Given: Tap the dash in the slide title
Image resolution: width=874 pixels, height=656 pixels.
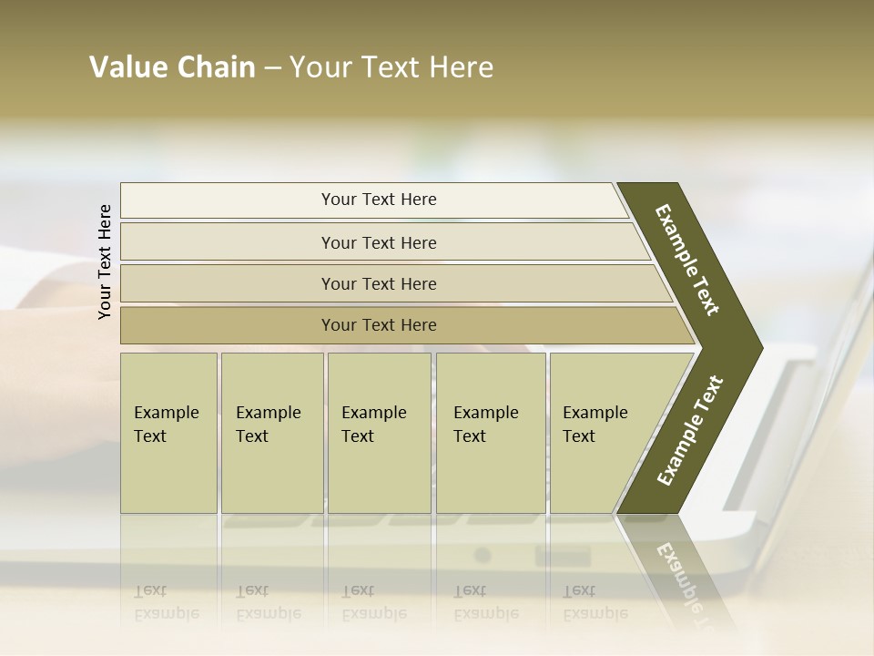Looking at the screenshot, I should (x=272, y=68).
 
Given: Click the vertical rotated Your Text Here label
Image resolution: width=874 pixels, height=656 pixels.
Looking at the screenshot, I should (x=105, y=262).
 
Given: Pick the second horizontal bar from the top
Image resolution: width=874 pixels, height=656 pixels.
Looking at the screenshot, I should (x=378, y=242).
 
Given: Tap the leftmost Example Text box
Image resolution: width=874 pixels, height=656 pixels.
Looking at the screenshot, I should (x=168, y=433).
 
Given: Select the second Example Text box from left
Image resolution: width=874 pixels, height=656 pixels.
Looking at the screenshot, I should (x=271, y=433).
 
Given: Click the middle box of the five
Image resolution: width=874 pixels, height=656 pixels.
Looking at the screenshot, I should (x=379, y=433).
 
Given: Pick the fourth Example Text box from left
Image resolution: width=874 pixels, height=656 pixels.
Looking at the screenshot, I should (x=491, y=433).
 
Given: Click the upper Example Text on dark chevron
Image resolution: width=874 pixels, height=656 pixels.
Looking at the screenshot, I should (x=687, y=260).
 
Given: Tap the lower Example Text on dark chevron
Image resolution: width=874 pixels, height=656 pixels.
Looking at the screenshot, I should (x=690, y=430).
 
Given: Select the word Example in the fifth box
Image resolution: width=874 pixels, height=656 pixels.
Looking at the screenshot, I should (x=595, y=413).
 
